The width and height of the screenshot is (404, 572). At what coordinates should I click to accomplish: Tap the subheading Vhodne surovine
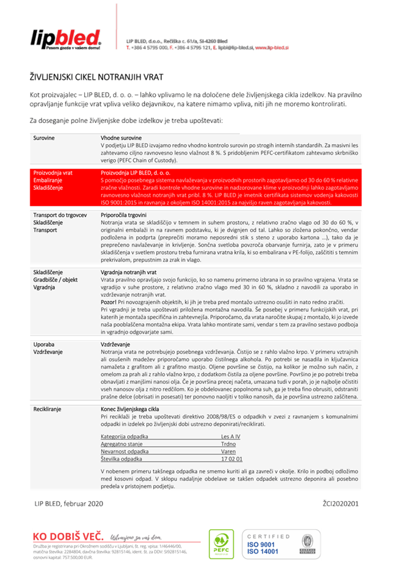pyautogui.click(x=121, y=138)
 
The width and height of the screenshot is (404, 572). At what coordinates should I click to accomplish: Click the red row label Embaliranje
pyautogui.click(x=48, y=180)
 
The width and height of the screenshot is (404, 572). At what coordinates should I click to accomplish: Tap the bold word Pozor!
pyautogui.click(x=109, y=301)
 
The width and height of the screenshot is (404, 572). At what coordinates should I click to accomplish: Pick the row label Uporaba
pyautogui.click(x=43, y=344)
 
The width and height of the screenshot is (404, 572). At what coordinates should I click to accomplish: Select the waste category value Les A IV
pyautogui.click(x=231, y=436)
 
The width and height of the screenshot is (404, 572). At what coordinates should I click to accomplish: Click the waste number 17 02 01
pyautogui.click(x=231, y=459)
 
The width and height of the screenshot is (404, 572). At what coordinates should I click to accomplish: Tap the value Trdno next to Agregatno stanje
pyautogui.click(x=228, y=443)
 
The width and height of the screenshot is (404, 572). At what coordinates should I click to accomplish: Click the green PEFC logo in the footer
pyautogui.click(x=221, y=544)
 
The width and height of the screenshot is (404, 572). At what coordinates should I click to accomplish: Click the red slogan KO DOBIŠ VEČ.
pyautogui.click(x=68, y=537)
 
